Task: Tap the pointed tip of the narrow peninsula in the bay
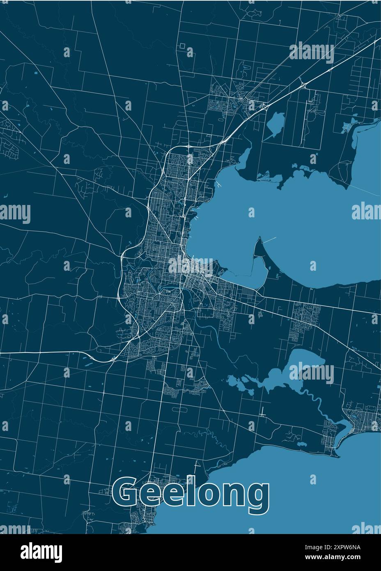click(x=260, y=238)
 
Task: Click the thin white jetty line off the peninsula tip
click(x=270, y=240)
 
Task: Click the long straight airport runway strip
click(x=305, y=119)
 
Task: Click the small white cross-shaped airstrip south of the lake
click(x=263, y=412)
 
